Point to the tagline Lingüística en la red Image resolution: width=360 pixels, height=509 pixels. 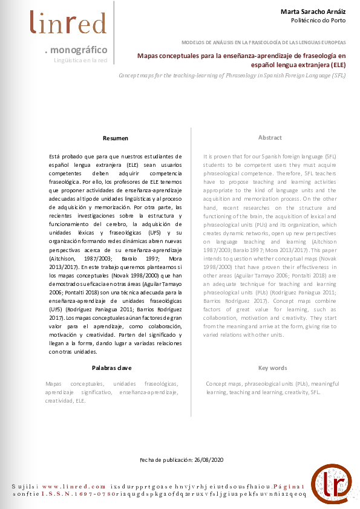[x=80, y=60]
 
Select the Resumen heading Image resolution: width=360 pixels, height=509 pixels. [x=116, y=138]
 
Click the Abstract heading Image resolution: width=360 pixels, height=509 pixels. [x=270, y=138]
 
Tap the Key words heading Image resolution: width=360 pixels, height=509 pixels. [x=272, y=368]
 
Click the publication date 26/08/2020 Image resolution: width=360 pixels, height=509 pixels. [x=209, y=460]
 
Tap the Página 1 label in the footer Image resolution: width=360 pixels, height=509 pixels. [x=290, y=486]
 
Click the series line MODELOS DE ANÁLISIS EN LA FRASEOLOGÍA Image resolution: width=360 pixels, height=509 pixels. [x=264, y=42]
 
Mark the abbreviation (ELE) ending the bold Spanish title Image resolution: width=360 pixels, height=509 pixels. [x=338, y=65]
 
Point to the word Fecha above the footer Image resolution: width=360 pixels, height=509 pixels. [x=148, y=460]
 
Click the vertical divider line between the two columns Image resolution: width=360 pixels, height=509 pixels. [x=192, y=272]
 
